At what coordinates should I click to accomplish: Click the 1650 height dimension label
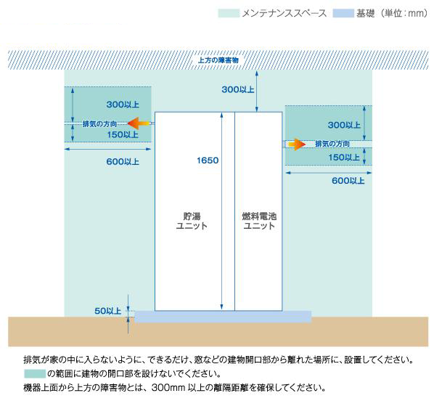pyautogui.click(x=208, y=160)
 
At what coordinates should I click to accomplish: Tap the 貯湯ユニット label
pyautogui.click(x=192, y=221)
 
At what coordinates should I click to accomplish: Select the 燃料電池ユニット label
pyautogui.click(x=259, y=221)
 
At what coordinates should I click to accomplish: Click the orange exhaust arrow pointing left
pyautogui.click(x=139, y=123)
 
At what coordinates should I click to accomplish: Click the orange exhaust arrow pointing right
pyautogui.click(x=296, y=144)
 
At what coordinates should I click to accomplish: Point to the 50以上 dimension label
pyautogui.click(x=108, y=311)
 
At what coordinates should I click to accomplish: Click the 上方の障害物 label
pyautogui.click(x=218, y=60)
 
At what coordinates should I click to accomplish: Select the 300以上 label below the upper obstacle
pyautogui.click(x=238, y=89)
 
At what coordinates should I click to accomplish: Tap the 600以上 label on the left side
pyautogui.click(x=123, y=161)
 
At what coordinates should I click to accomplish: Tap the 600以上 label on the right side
pyautogui.click(x=348, y=181)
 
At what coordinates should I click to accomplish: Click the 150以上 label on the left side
pyautogui.click(x=123, y=134)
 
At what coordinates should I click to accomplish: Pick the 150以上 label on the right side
pyautogui.click(x=344, y=158)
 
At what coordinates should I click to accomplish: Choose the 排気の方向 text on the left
pyautogui.click(x=99, y=123)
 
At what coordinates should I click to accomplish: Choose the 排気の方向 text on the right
pyautogui.click(x=332, y=144)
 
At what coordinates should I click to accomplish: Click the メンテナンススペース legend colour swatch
pyautogui.click(x=229, y=13)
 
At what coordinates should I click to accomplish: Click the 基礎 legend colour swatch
pyautogui.click(x=343, y=13)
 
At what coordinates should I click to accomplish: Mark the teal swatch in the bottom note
pyautogui.click(x=35, y=373)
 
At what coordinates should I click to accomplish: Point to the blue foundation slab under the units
pyautogui.click(x=223, y=317)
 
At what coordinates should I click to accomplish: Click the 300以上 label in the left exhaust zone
pyautogui.click(x=123, y=105)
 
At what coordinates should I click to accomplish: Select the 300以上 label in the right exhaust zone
pyautogui.click(x=344, y=125)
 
